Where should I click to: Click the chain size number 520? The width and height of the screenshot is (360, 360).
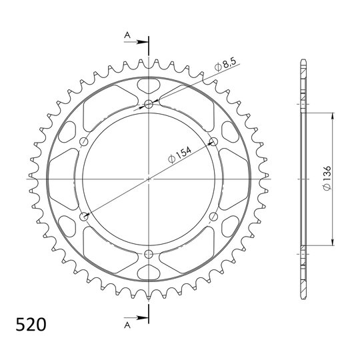pyautogui.click(x=31, y=325)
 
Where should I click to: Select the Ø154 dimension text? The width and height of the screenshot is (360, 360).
pyautogui.click(x=179, y=155)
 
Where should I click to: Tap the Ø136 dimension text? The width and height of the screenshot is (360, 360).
pyautogui.click(x=327, y=178)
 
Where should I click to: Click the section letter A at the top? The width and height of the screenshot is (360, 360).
pyautogui.click(x=127, y=35)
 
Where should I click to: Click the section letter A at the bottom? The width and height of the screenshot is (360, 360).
pyautogui.click(x=127, y=325)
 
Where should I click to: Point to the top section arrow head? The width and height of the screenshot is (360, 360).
pyautogui.click(x=143, y=42)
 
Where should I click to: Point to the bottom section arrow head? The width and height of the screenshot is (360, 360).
pyautogui.click(x=143, y=318)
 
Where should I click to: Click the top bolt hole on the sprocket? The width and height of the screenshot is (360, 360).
pyautogui.click(x=149, y=105)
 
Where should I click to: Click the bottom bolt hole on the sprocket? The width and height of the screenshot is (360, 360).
pyautogui.click(x=149, y=253)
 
